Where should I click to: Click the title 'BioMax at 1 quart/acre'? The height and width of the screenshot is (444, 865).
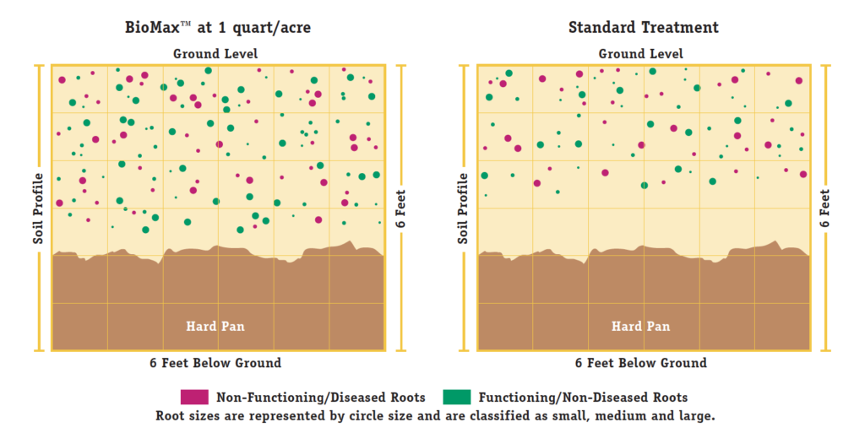[217, 27]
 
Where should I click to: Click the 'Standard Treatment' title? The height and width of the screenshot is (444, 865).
[643, 27]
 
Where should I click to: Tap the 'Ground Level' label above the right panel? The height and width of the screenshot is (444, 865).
[641, 54]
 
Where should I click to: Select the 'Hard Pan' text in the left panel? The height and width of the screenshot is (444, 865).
[215, 326]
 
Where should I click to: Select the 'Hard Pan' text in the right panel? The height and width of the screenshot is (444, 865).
[641, 326]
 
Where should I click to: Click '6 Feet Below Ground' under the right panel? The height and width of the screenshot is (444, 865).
[641, 363]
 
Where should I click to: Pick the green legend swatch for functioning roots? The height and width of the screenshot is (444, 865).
[458, 397]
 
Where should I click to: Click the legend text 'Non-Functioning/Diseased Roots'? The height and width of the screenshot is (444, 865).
[320, 398]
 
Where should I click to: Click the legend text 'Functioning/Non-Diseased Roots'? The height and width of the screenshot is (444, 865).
[583, 398]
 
